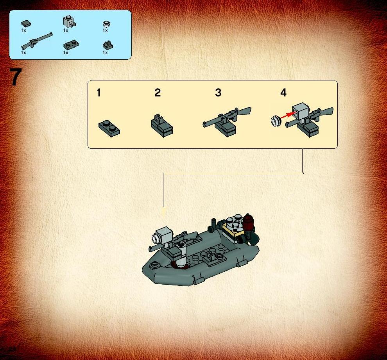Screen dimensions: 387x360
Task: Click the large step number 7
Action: point(16,77)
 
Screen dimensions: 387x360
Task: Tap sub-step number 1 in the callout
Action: point(99,93)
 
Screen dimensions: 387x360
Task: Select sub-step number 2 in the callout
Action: point(158,93)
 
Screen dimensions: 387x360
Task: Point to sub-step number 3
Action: point(218,93)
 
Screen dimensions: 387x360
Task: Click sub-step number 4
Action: point(283,93)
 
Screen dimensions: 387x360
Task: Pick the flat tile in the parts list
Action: point(26,24)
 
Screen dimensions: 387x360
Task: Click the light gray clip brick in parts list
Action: point(69,22)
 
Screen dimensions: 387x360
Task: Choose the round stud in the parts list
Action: point(106,24)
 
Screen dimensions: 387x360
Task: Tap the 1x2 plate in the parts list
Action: point(71,45)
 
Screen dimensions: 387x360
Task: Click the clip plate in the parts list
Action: point(107,45)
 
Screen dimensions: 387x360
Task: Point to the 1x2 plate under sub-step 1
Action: point(109,128)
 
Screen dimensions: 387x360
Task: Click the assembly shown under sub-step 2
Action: point(162,126)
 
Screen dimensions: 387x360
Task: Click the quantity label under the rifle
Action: point(23,53)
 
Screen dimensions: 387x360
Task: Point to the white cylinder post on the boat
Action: point(181,254)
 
